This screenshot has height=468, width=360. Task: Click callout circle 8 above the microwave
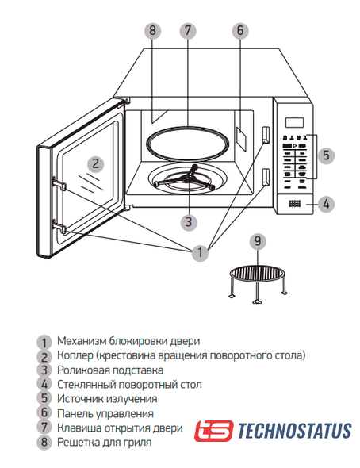point(153,30)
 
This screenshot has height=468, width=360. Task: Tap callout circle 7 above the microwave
point(188,30)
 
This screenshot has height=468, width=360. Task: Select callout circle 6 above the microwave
point(240,30)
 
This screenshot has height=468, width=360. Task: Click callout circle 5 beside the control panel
point(326,155)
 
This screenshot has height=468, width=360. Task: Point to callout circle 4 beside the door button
point(326,204)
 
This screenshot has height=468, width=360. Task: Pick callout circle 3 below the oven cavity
point(189,222)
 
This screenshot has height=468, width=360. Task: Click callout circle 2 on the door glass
point(95,164)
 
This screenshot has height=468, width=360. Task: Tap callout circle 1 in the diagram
point(200,252)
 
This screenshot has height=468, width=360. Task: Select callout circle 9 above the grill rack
point(258,241)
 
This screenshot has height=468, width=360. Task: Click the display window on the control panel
point(294,122)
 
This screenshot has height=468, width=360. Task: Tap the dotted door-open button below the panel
point(295,204)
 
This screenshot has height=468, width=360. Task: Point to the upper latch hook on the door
point(59,183)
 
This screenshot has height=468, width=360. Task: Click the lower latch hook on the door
point(59,227)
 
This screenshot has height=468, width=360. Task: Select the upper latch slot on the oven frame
point(266,134)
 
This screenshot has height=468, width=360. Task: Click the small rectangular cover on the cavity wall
point(242,139)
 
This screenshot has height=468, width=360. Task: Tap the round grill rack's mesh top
point(256,273)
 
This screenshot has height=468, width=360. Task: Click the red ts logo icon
point(213,431)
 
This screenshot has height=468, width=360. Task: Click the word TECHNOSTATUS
point(294,431)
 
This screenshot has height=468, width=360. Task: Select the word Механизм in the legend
point(81,341)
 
